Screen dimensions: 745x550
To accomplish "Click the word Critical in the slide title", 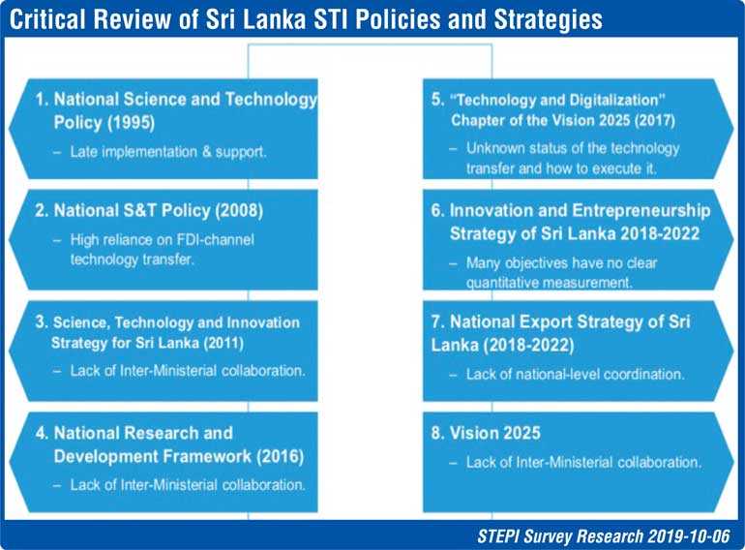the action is (47, 19).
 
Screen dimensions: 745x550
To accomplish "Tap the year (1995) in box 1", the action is (131, 123).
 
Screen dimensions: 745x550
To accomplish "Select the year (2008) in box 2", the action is (239, 210).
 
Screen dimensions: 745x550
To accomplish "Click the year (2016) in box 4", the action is (280, 456).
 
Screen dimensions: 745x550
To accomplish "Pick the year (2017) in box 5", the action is (655, 120).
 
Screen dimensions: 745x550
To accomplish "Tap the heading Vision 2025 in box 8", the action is (495, 433).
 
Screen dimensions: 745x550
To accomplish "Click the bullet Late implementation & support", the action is (168, 152).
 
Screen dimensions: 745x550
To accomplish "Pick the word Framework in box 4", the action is (199, 456).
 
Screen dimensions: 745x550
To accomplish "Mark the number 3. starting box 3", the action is (42, 322).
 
